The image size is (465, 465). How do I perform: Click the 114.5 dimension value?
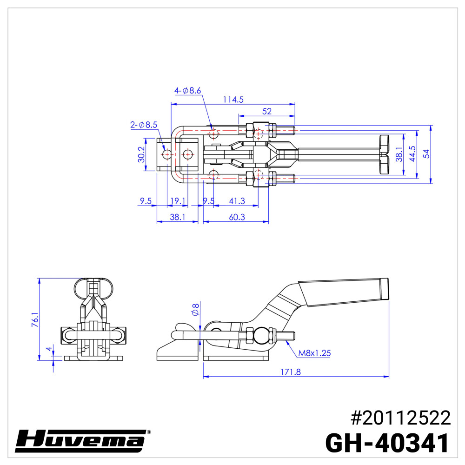[x=233, y=99]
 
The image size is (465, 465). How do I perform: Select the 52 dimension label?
[x=267, y=112]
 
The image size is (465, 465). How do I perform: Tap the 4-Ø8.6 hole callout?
[x=187, y=91]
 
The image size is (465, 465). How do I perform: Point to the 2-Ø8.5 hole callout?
[x=144, y=125]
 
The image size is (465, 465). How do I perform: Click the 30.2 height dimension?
[x=141, y=154]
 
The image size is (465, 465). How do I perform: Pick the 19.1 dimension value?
[x=178, y=201]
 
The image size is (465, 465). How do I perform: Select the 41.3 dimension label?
[x=237, y=201]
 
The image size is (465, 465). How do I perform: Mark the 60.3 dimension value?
[x=237, y=217]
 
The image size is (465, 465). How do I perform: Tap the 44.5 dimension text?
[x=412, y=154]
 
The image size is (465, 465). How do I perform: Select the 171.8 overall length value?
[x=296, y=372]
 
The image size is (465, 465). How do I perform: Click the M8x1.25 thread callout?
[x=314, y=353]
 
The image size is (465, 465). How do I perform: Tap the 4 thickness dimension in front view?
[x=48, y=349]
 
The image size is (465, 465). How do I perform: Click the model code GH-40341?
[x=387, y=443]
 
